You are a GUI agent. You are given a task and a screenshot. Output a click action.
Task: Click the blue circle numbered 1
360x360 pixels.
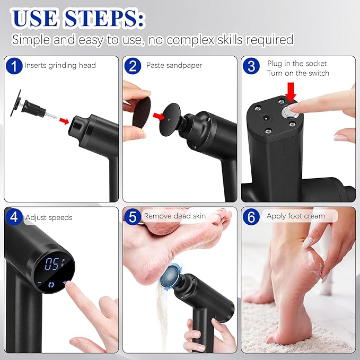(14, 66)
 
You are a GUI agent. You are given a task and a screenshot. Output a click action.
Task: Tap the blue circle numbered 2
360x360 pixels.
(133, 66)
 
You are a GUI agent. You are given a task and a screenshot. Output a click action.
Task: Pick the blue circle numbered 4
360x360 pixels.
(14, 217)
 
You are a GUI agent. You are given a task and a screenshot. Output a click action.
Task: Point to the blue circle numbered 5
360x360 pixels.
(133, 216)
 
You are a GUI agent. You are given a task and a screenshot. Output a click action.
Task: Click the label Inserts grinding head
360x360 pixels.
(60, 66)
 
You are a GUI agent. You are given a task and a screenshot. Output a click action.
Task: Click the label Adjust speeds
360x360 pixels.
(48, 217)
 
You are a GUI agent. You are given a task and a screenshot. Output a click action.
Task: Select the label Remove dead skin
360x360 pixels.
(174, 216)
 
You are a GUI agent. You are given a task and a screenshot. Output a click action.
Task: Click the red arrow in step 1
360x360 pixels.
(64, 121)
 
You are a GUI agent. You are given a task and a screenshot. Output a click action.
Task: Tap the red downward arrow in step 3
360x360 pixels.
(291, 94)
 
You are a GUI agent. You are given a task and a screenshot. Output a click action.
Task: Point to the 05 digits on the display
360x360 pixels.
(51, 265)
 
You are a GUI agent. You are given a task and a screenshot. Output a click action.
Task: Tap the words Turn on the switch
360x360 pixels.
(298, 73)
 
